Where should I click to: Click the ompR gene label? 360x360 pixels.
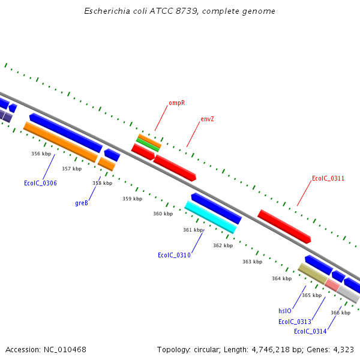click(x=176, y=103)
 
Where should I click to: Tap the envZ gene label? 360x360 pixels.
click(x=207, y=119)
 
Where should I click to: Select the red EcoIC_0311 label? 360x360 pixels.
click(x=328, y=178)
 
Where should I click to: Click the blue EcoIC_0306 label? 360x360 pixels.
click(x=40, y=183)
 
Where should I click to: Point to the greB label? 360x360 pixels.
click(x=82, y=203)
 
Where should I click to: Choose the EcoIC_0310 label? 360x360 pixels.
click(x=174, y=255)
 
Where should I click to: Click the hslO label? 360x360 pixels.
click(x=284, y=311)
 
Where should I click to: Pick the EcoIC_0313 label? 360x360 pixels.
click(x=295, y=322)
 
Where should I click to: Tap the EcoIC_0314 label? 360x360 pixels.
click(x=310, y=331)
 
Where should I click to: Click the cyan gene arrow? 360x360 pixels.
click(x=211, y=217)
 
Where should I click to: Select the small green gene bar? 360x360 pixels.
click(x=148, y=144)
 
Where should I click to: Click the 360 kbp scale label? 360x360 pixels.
click(x=163, y=214)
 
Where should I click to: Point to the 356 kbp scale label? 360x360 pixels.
click(x=41, y=154)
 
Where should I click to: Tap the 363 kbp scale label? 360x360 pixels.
click(x=252, y=262)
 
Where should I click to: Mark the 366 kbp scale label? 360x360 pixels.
click(x=340, y=313)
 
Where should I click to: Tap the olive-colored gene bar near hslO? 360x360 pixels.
click(x=312, y=274)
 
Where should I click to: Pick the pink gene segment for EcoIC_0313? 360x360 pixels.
click(x=332, y=285)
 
